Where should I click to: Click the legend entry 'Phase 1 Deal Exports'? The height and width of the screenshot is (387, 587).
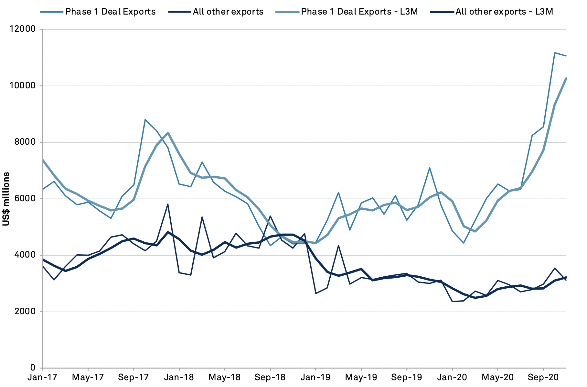click(x=110, y=12)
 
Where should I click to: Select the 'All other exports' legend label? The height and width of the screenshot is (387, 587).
click(x=228, y=12)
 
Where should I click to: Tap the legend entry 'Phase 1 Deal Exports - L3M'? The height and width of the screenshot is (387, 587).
click(x=359, y=12)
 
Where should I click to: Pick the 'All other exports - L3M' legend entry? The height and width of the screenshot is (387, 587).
click(x=504, y=12)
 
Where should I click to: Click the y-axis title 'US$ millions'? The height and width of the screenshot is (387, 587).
click(x=6, y=199)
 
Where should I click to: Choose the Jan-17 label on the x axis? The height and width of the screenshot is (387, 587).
click(x=43, y=378)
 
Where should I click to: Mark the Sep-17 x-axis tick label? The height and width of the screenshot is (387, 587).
click(x=133, y=378)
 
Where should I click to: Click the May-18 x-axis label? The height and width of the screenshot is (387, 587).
click(x=225, y=378)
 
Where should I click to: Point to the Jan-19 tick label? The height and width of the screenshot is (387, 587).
click(x=316, y=378)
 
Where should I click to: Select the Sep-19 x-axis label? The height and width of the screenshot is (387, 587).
click(x=407, y=378)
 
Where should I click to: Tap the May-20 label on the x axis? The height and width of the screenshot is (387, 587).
click(x=498, y=378)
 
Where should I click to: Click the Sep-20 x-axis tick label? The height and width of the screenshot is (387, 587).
click(x=543, y=378)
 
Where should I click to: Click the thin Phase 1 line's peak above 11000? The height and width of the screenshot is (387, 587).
click(x=555, y=53)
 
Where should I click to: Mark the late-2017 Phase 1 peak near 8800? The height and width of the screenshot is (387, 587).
click(x=145, y=120)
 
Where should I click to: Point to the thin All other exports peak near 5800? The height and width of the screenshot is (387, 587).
click(x=168, y=204)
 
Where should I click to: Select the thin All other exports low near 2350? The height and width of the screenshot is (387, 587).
click(x=452, y=302)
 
